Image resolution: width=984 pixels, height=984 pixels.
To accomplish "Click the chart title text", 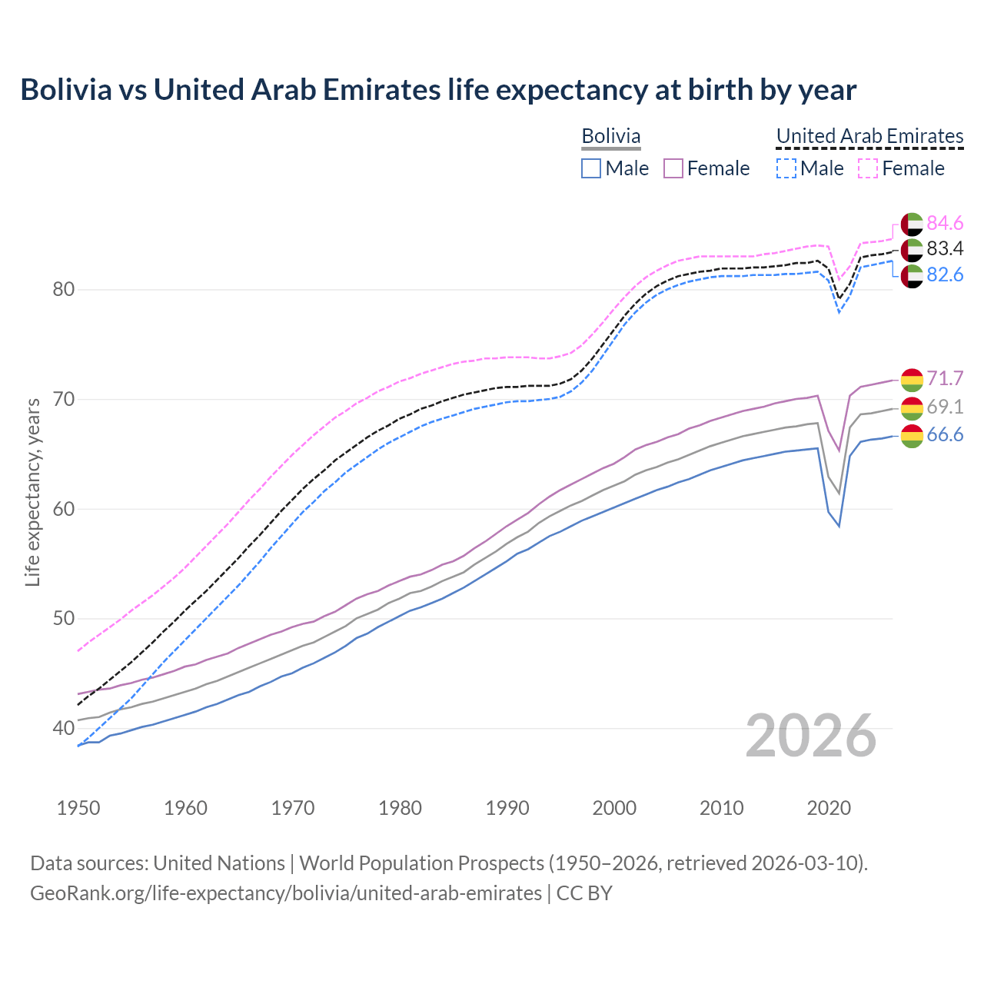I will pyautogui.click(x=438, y=90).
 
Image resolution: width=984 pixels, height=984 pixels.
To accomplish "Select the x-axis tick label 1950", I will pyautogui.click(x=78, y=808).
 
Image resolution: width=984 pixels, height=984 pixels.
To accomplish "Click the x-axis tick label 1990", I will pyautogui.click(x=507, y=808).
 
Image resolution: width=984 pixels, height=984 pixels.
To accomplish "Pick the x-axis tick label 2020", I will pyautogui.click(x=829, y=808).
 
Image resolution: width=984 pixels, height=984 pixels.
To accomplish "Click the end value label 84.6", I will pyautogui.click(x=945, y=223).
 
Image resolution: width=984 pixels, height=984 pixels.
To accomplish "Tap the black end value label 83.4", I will pyautogui.click(x=945, y=248).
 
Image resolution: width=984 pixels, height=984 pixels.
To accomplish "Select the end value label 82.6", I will pyautogui.click(x=945, y=274).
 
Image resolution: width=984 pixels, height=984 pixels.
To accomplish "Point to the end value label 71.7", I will pyautogui.click(x=945, y=378).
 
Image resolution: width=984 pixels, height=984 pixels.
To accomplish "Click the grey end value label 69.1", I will pyautogui.click(x=945, y=407).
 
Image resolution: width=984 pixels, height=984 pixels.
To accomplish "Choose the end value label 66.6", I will pyautogui.click(x=945, y=435).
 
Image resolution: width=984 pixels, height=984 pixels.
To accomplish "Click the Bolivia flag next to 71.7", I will pyautogui.click(x=912, y=379).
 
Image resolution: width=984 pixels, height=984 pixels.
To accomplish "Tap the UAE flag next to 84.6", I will pyautogui.click(x=912, y=224).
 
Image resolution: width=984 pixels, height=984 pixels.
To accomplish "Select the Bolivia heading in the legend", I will pyautogui.click(x=611, y=137).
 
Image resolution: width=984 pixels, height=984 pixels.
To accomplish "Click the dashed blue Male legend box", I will pyautogui.click(x=786, y=168).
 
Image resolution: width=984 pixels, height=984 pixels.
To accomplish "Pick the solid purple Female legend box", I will pyautogui.click(x=673, y=168).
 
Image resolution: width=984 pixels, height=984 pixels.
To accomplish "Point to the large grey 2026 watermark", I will pyautogui.click(x=811, y=736).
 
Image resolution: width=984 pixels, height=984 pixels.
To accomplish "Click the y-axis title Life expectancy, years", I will pyautogui.click(x=32, y=492).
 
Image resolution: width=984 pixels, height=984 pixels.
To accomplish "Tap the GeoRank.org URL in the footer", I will pyautogui.click(x=286, y=893).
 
